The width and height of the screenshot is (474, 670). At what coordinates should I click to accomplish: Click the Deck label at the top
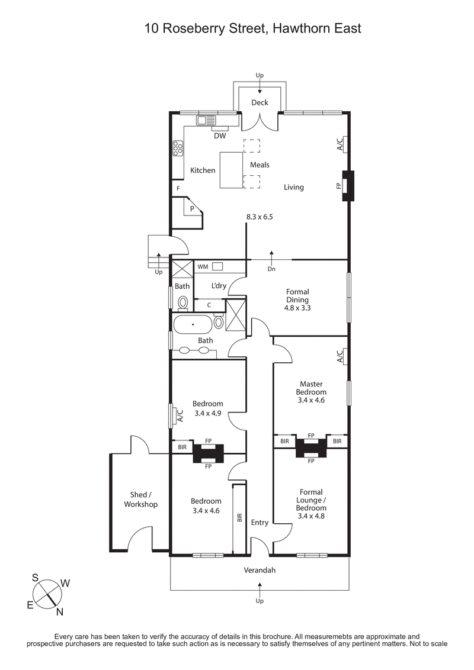260,102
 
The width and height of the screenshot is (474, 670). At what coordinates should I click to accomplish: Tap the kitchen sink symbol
206,120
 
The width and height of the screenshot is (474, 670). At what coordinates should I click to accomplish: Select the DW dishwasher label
220,136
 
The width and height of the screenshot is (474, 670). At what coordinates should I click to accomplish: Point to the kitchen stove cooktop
177,149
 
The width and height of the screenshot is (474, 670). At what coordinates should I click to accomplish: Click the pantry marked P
192,209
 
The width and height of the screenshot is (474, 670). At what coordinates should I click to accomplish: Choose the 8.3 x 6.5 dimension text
260,217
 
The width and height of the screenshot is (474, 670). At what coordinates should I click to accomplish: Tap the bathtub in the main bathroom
192,325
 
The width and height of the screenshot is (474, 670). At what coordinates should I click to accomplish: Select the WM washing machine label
202,267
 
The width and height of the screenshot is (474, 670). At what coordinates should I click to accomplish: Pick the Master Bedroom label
312,388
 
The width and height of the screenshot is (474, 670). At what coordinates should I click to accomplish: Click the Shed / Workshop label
140,500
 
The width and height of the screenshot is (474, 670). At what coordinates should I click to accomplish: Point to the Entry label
260,523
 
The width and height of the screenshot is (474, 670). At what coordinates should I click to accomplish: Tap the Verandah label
260,571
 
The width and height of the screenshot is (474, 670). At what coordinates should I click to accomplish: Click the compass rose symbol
47,592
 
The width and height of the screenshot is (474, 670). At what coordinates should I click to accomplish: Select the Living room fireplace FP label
338,186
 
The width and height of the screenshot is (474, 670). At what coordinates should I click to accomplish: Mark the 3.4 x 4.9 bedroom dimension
207,413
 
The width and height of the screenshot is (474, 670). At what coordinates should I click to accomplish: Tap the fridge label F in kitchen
178,188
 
